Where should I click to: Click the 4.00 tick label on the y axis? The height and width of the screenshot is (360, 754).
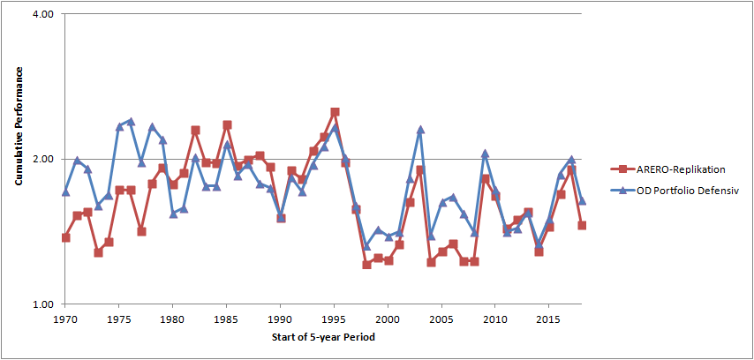47,14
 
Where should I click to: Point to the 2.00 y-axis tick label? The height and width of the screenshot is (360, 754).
47,159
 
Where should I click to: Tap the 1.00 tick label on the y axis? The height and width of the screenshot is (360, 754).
47,304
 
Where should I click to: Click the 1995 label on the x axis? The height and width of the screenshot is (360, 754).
335,319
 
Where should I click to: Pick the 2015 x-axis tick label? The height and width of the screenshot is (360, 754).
550,319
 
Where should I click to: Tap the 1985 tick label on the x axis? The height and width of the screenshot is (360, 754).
227,319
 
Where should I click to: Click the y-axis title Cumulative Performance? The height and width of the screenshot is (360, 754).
19,126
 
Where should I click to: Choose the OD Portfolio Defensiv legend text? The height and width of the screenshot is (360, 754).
687,191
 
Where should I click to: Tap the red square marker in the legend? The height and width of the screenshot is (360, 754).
622,169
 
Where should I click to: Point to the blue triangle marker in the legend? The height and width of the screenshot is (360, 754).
622,191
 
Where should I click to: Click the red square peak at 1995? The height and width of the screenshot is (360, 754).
335,112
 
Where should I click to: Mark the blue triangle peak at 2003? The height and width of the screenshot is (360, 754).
421,130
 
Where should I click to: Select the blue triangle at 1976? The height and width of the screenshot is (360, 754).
131,121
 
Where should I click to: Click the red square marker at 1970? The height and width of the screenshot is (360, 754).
66,237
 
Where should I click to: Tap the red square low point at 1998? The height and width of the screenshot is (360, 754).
367,265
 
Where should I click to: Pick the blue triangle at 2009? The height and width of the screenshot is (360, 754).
486,154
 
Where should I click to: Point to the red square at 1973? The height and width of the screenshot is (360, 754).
98,252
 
